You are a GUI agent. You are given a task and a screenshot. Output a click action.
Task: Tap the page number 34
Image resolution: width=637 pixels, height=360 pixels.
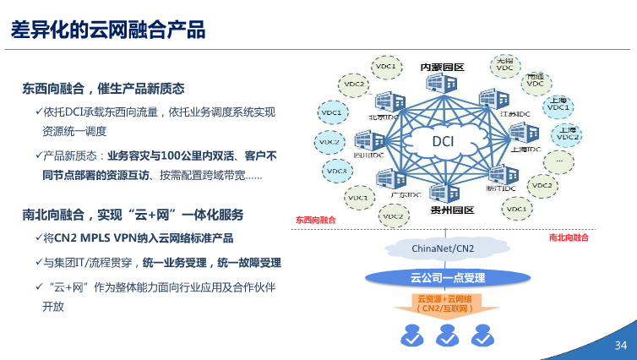(x=620, y=346)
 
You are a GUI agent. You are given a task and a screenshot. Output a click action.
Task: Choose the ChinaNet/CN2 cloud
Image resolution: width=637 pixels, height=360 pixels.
(x=442, y=248)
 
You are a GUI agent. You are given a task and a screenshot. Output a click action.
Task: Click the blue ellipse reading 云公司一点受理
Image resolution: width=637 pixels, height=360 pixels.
(x=447, y=277)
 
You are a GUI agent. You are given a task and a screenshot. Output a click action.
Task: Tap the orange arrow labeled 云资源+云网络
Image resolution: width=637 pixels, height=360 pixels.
(x=445, y=304)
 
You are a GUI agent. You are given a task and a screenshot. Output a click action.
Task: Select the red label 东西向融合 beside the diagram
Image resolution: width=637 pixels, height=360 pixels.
(x=315, y=221)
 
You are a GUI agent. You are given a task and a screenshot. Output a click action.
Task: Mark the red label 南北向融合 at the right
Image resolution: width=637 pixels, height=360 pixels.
(x=569, y=238)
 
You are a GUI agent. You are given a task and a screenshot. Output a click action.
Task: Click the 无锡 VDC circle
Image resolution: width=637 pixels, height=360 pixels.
(x=505, y=64)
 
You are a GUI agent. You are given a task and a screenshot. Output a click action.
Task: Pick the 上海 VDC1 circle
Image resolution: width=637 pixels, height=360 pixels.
(x=558, y=104)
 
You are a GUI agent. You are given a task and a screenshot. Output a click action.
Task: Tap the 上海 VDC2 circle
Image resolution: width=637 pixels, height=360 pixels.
(x=568, y=133)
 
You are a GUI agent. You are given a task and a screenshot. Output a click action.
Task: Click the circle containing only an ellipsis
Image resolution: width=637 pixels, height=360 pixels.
(x=558, y=158)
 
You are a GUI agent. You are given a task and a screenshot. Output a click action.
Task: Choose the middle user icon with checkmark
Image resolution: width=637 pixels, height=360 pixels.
(x=446, y=335)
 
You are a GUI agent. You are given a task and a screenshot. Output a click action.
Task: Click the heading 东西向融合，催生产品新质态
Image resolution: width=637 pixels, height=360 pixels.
(x=104, y=89)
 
